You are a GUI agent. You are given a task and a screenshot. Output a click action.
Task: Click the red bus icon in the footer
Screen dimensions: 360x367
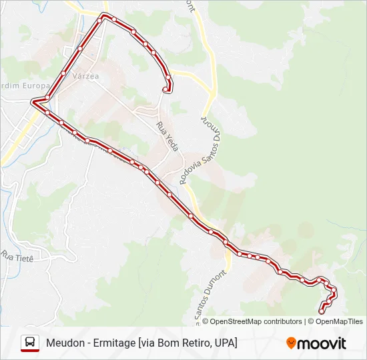point(30,343)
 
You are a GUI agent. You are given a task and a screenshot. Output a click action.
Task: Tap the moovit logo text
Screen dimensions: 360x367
point(322,343)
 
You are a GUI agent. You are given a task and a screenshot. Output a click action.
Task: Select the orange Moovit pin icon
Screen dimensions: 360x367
point(291,343)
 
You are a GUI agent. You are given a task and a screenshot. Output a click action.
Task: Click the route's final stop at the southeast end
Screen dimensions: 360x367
point(322,311)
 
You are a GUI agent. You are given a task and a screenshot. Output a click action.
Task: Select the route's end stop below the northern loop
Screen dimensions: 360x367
point(165,89)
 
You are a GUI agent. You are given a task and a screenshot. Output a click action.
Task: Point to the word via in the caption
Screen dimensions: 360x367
point(147,343)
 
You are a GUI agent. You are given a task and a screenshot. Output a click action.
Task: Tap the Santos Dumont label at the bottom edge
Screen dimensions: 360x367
point(202,300)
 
